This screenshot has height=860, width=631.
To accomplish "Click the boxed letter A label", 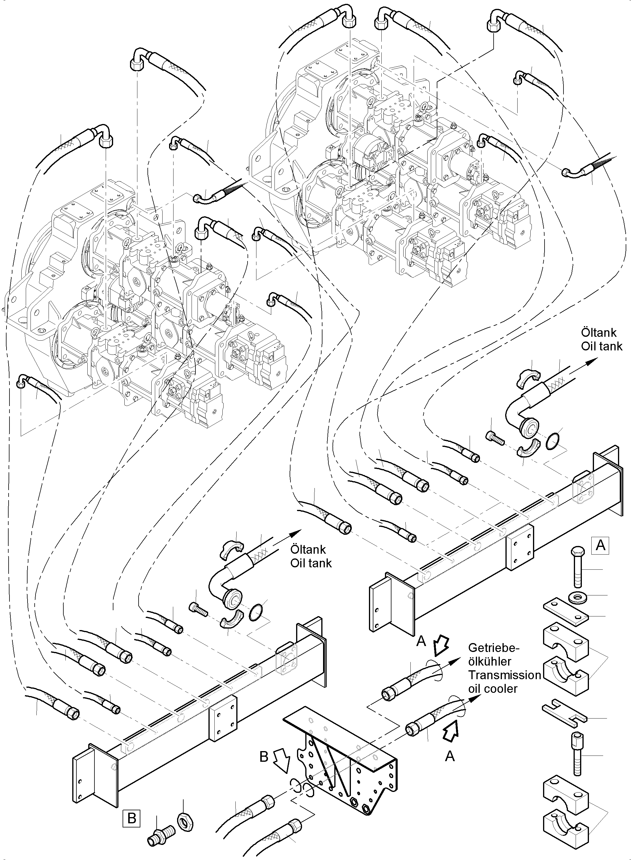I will click(600, 546).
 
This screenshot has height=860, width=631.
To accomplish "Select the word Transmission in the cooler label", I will click(504, 675).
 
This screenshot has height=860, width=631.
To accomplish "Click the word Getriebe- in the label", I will click(494, 648).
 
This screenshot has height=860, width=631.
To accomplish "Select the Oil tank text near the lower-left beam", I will click(311, 563).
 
